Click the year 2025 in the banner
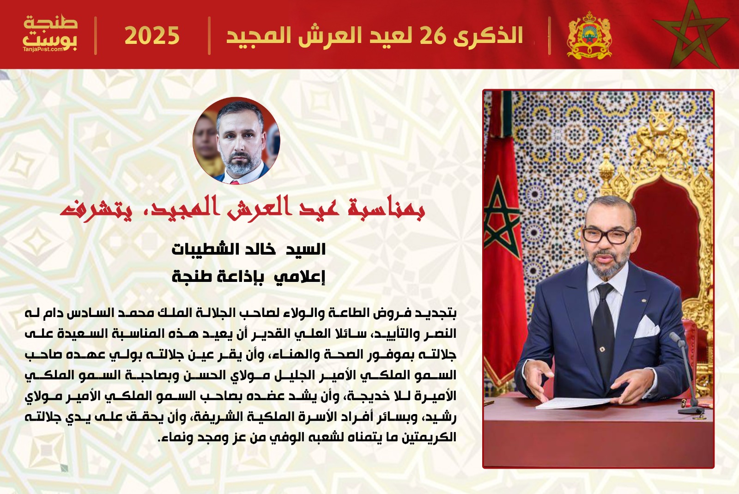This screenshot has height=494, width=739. pos(152,36)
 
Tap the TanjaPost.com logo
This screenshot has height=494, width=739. pos(50,33)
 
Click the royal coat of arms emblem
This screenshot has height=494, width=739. pos(589,35)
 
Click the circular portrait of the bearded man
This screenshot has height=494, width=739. pos(236,140)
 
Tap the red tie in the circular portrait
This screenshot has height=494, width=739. pos(235,182)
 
